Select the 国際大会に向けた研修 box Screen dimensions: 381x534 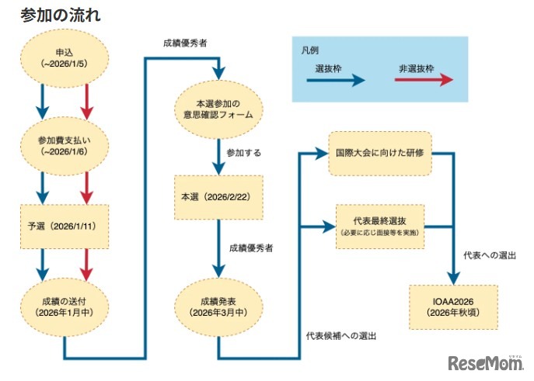(x=379, y=152)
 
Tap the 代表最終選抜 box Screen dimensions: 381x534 (x=379, y=226)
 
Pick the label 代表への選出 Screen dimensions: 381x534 (x=490, y=255)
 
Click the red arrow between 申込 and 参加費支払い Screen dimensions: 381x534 (x=87, y=99)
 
